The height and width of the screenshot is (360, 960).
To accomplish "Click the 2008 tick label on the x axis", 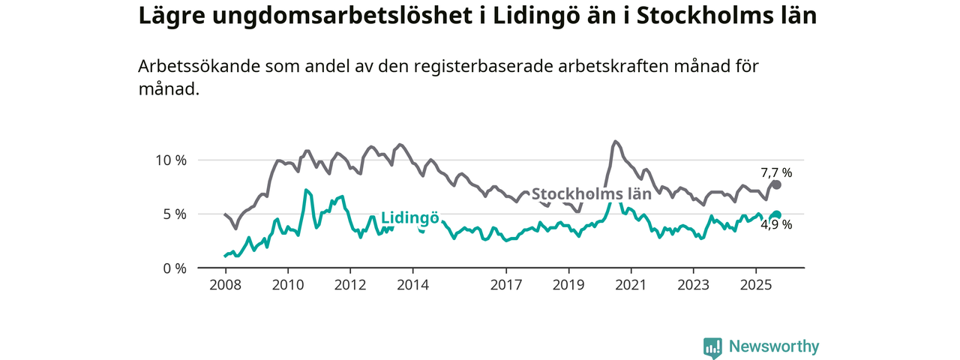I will pos(225,285).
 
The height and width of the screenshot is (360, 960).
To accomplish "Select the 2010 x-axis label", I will pos(287,285).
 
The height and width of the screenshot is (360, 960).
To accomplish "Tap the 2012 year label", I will pos(349,285).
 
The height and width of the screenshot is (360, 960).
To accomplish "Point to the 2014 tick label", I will pos(412,285).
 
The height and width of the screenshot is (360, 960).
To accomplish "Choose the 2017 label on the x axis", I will pos(506,285).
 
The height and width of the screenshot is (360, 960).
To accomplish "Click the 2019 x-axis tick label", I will pos(568,285).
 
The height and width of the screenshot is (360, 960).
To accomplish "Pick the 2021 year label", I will pos(631,285).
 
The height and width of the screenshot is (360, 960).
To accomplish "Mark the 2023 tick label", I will pos(693,285).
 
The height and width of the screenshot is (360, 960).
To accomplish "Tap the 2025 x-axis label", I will pos(755,285).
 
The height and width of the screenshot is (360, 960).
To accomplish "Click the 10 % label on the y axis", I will pos(170,160).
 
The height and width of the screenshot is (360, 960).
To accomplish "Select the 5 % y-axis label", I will pos(174,214).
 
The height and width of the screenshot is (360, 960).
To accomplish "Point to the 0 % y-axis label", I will pos(174,268).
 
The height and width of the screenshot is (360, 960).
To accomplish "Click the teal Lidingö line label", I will pos(409,218).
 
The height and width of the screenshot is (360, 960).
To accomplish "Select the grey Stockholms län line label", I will pos(591,193).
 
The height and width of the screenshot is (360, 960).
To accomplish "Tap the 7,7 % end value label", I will pos(776,172).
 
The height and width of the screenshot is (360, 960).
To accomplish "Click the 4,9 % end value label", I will pos(776,224).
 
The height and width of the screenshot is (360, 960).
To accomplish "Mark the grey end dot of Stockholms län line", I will pos(777,184).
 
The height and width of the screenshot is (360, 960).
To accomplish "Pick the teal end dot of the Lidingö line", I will pos(777,214).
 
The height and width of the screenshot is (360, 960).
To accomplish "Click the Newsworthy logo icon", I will pos(712,346).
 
